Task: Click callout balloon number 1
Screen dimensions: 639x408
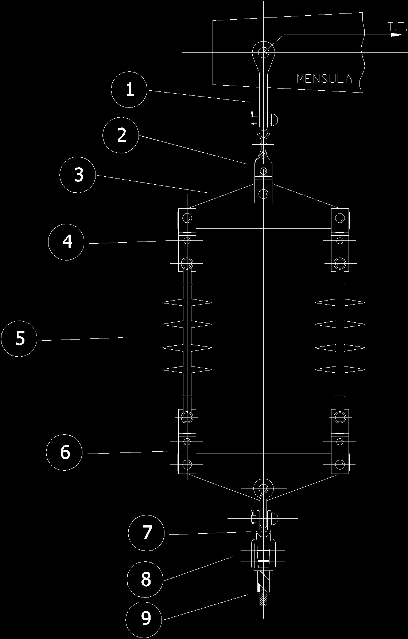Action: click(x=130, y=90)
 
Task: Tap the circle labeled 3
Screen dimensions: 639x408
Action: click(x=78, y=175)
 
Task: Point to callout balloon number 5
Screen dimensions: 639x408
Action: click(x=19, y=338)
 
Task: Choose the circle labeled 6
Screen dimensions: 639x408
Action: click(x=65, y=452)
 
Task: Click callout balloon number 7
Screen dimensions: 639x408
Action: click(x=147, y=532)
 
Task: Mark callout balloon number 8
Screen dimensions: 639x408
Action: click(x=145, y=579)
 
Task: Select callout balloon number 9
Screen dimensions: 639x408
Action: click(x=145, y=618)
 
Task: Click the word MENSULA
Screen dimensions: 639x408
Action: click(x=325, y=79)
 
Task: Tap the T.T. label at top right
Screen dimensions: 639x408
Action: click(x=397, y=26)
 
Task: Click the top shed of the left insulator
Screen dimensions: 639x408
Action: click(x=187, y=302)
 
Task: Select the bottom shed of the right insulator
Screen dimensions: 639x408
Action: click(x=340, y=370)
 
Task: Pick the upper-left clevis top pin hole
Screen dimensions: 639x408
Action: click(x=187, y=218)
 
